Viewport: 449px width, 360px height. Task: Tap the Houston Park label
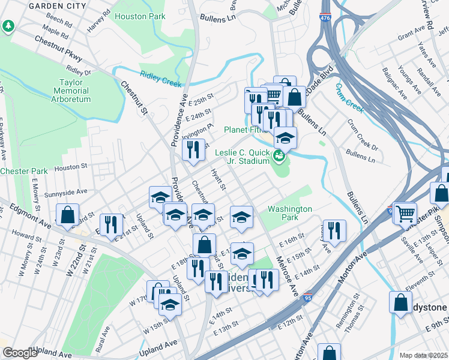(x=140, y=16)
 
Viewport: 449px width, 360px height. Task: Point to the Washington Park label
(x=290, y=214)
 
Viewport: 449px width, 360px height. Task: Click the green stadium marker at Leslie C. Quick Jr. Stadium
(x=278, y=157)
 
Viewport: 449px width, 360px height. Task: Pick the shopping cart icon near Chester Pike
(x=406, y=212)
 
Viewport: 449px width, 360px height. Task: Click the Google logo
(x=20, y=353)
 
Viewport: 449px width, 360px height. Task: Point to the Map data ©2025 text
(x=424, y=355)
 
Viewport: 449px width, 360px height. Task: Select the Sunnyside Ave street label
(x=65, y=192)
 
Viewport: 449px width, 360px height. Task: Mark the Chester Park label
(x=23, y=171)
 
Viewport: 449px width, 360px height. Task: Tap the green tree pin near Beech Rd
(x=8, y=26)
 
